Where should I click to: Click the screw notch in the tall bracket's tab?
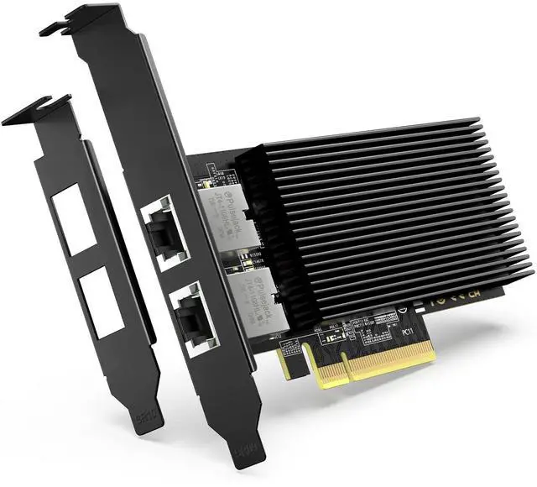pos(52,29)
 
